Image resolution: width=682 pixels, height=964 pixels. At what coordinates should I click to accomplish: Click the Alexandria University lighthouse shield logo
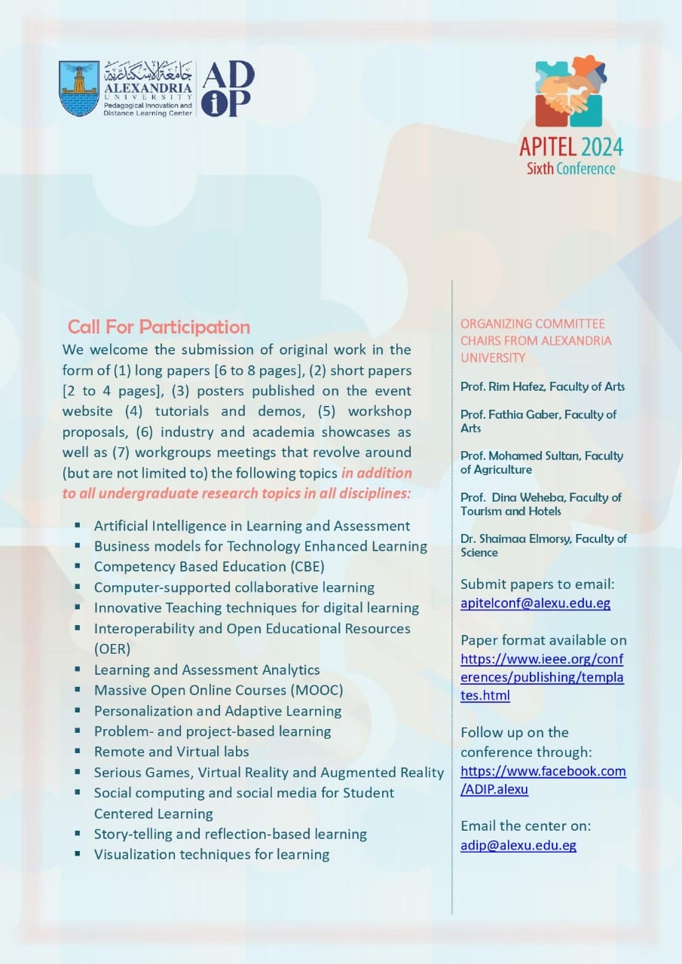click(78, 88)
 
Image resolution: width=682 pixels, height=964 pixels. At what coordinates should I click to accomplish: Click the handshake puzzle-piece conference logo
click(570, 92)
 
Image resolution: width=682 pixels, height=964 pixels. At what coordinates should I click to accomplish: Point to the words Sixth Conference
click(570, 168)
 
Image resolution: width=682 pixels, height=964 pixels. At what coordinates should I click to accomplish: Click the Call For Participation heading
click(159, 327)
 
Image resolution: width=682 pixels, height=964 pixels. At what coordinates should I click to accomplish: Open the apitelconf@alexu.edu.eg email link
click(535, 602)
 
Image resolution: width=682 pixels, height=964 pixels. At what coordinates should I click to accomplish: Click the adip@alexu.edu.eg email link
click(518, 845)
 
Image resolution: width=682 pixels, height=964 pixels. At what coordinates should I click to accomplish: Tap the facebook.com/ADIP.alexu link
click(543, 779)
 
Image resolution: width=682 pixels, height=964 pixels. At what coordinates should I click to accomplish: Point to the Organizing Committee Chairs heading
click(535, 340)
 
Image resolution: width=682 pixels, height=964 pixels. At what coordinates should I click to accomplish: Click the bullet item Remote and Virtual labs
click(171, 752)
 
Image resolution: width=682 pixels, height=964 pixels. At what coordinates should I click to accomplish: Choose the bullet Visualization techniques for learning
click(212, 854)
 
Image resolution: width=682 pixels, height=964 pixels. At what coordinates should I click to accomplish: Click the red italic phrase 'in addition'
click(376, 473)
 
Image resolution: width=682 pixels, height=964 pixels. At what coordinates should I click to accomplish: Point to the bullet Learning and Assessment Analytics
click(206, 670)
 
